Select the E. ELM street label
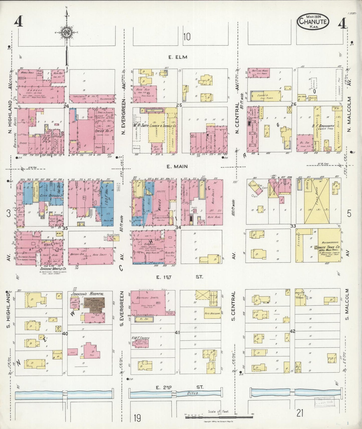tap(178, 57)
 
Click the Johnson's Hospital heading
tap(88, 294)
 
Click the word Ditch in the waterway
tap(192, 393)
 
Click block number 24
tap(66, 106)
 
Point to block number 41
tap(178, 333)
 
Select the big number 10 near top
tap(187, 37)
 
